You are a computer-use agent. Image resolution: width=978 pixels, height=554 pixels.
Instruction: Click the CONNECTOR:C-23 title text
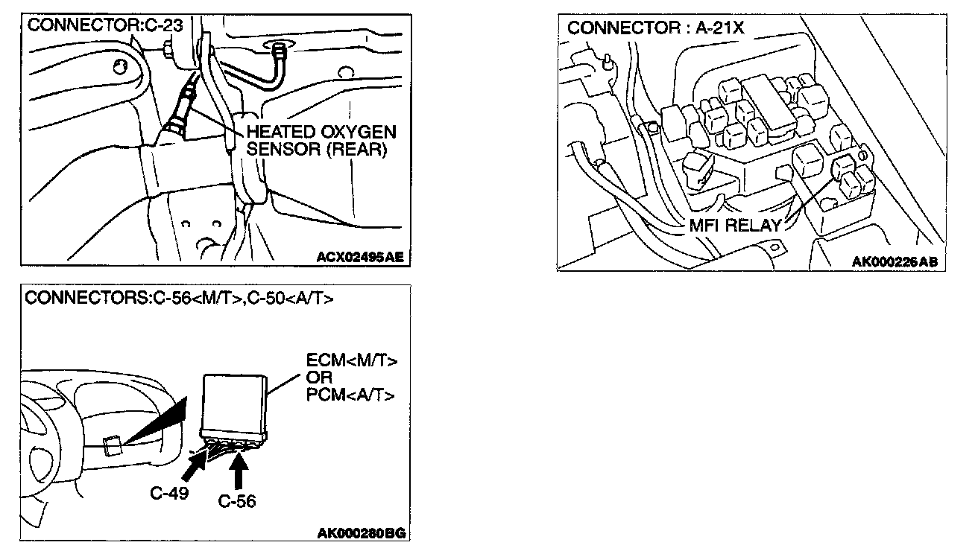tap(104, 24)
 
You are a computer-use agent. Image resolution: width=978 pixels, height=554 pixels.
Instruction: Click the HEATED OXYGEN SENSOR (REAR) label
tap(321, 141)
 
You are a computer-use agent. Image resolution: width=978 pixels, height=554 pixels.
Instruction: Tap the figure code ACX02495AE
tap(360, 258)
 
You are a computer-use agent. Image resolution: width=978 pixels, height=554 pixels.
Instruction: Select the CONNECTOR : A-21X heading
tap(656, 28)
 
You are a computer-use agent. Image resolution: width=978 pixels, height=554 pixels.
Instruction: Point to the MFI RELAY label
tap(736, 225)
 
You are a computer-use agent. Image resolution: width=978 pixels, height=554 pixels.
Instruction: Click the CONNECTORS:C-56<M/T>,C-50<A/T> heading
tap(179, 299)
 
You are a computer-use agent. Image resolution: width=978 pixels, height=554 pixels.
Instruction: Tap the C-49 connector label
tap(170, 493)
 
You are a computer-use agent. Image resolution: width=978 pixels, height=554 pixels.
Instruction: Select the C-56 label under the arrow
tap(237, 501)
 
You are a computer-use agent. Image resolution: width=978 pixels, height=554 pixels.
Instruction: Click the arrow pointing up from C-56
tap(239, 472)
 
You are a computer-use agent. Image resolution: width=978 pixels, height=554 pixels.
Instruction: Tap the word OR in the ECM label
tap(319, 378)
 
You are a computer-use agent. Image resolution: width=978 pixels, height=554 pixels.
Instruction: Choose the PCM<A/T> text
tap(351, 394)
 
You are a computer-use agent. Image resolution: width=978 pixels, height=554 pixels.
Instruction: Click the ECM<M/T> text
tap(352, 361)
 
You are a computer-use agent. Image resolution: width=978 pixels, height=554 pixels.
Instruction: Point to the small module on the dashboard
tap(112, 446)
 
